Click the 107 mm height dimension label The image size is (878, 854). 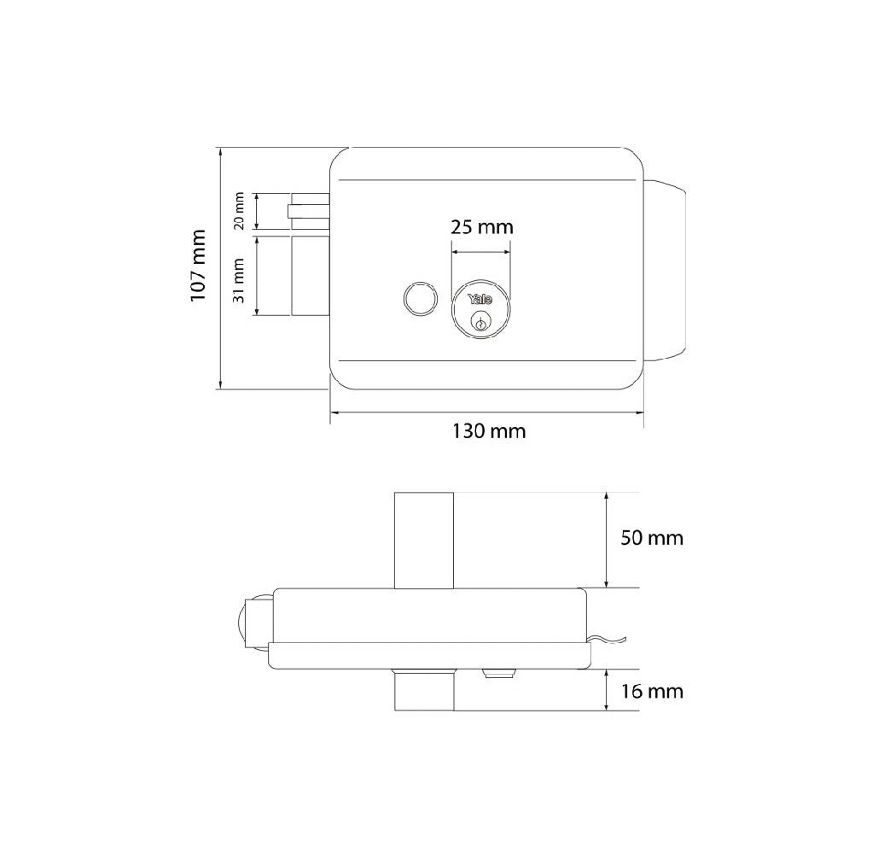pyautogui.click(x=198, y=266)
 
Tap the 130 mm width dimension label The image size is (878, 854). pyautogui.click(x=489, y=431)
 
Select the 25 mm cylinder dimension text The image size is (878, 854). pyautogui.click(x=482, y=227)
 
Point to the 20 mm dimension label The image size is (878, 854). pyautogui.click(x=240, y=211)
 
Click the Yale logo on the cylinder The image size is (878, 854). pyautogui.click(x=480, y=299)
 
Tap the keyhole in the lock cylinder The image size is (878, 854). pyautogui.click(x=481, y=323)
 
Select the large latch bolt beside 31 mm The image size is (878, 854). pyautogui.click(x=311, y=275)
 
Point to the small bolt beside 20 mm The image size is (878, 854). pyautogui.click(x=309, y=211)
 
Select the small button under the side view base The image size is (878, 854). pyautogui.click(x=498, y=675)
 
